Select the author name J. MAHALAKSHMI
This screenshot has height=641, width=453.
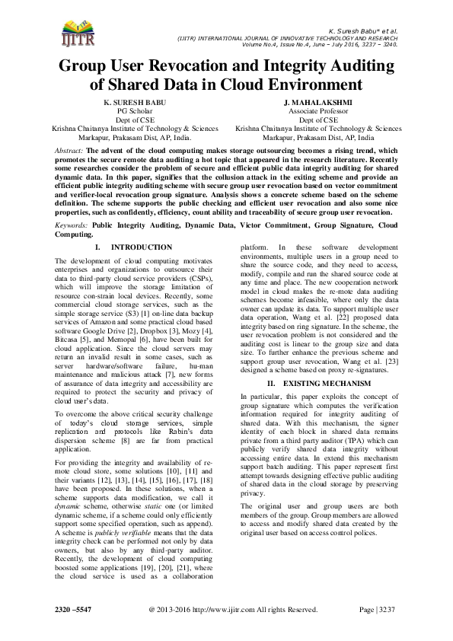(x=318, y=101)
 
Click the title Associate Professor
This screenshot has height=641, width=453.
(x=318, y=110)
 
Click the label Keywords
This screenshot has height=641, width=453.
(x=73, y=226)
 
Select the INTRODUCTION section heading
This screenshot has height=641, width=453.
(x=141, y=248)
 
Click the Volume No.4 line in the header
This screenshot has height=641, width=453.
(x=333, y=43)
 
